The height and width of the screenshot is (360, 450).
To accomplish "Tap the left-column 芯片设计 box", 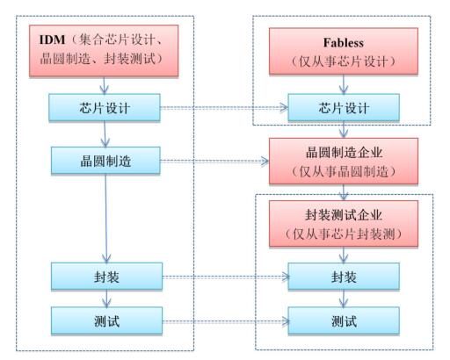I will point(105,110).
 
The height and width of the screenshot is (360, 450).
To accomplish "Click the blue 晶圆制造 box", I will point(105,161).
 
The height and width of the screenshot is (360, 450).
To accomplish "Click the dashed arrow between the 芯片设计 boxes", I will point(224,110).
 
